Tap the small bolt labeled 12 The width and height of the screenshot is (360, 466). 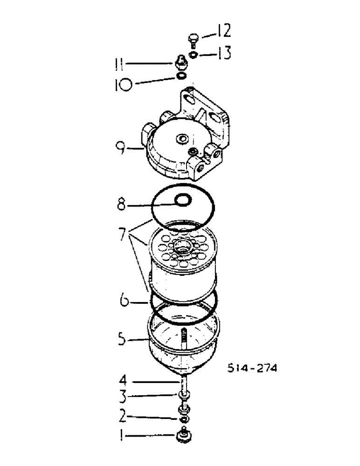194,39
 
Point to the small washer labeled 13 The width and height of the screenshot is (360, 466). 194,55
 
